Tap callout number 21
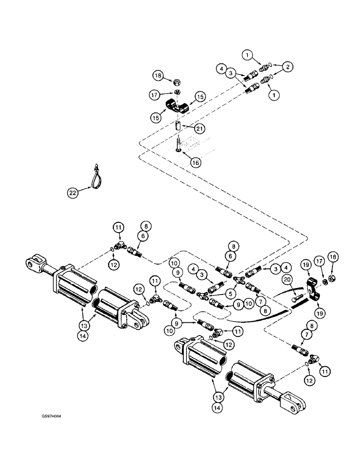(200, 127)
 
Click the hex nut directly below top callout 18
(177, 82)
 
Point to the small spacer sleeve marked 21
(178, 126)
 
